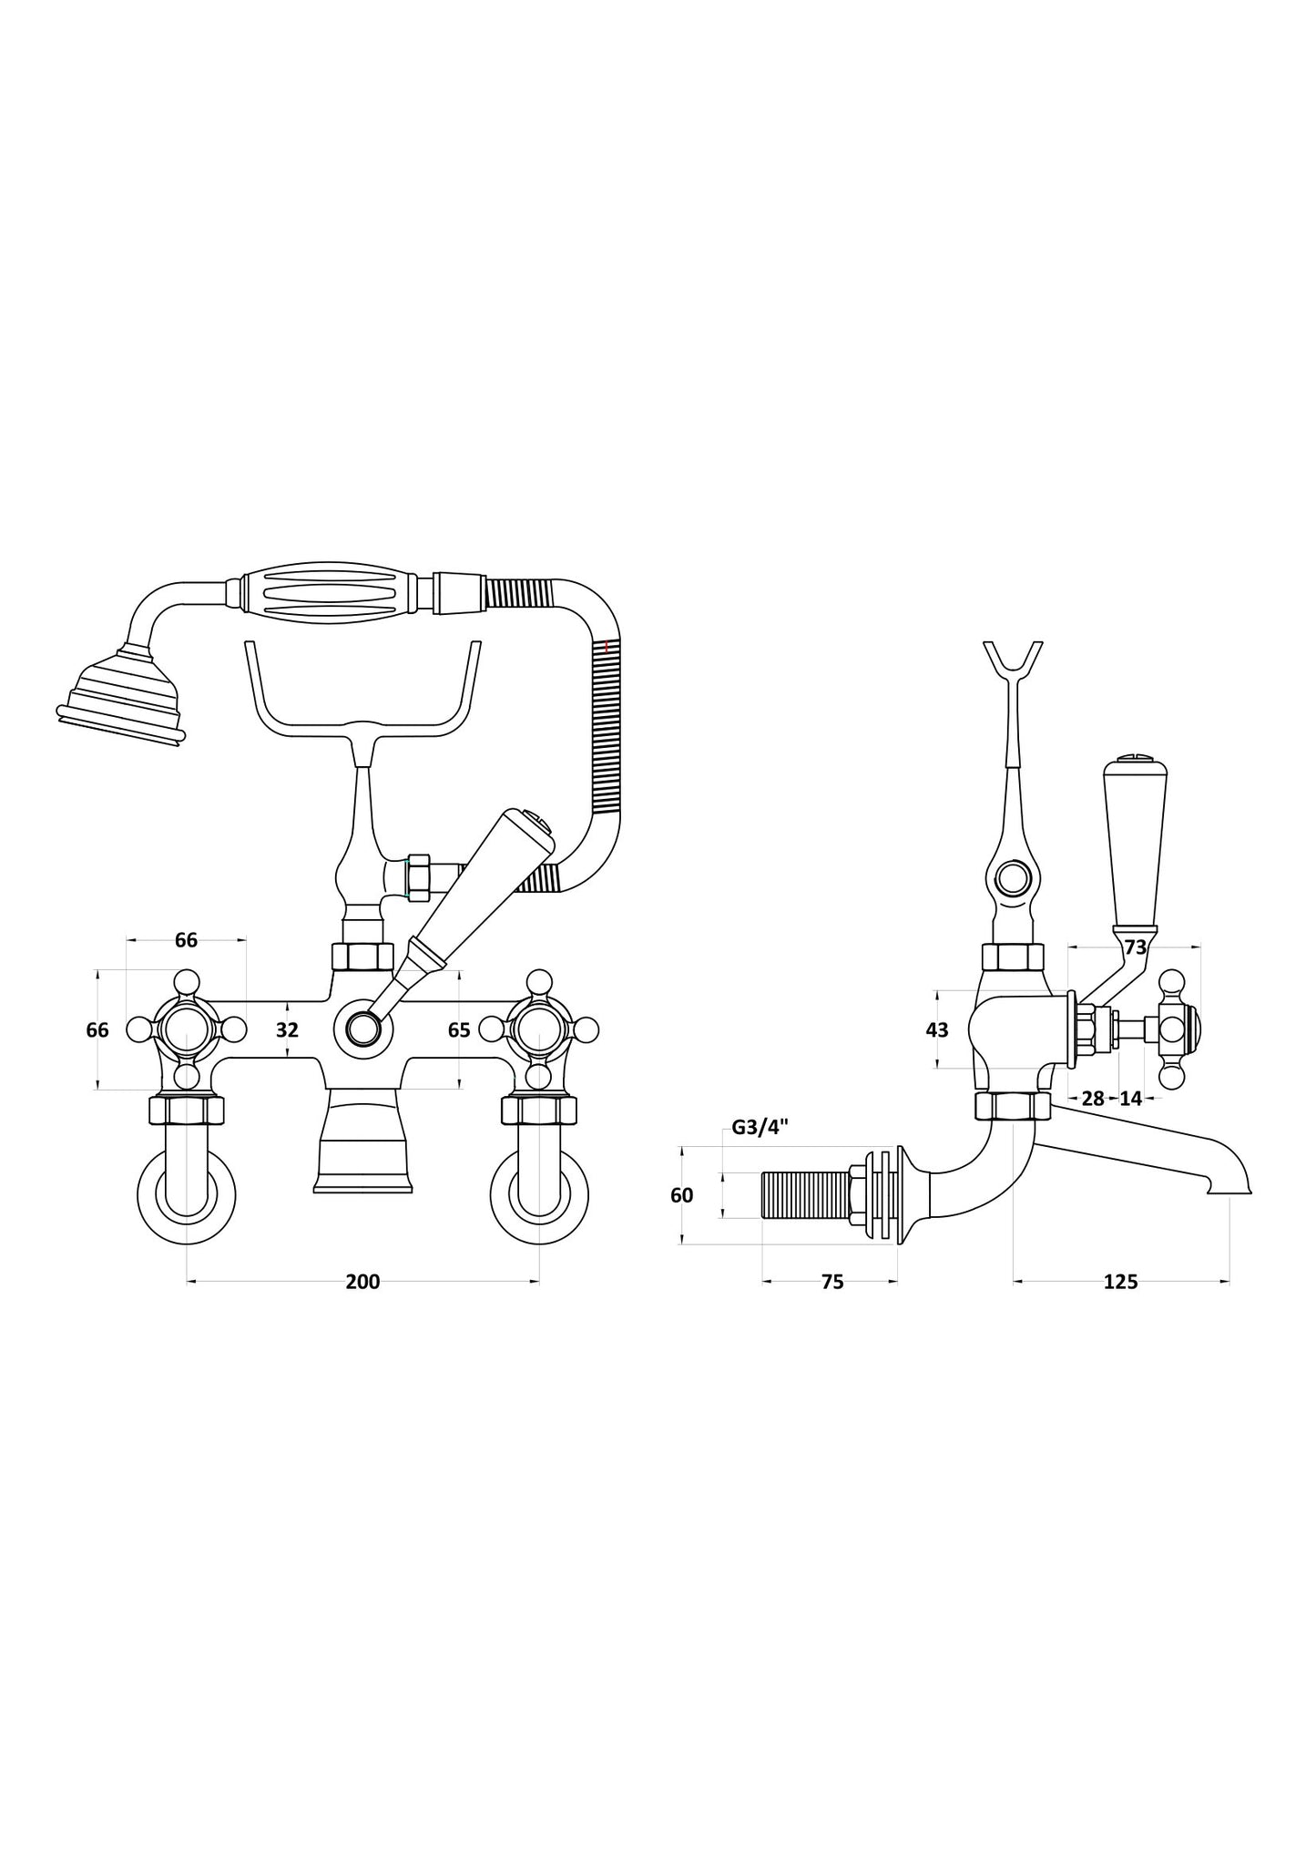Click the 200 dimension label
point(362,1282)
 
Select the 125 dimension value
point(1120,1282)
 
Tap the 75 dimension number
point(832,1282)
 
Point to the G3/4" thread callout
point(760,1128)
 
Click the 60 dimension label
point(681,1195)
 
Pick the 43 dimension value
point(936,1029)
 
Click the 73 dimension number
point(1135,947)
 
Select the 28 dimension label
point(1093,1099)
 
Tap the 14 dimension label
point(1130,1099)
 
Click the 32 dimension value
point(287,1029)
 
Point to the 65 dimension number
point(459,1029)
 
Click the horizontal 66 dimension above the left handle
point(186,940)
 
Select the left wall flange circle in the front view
point(187,1193)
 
